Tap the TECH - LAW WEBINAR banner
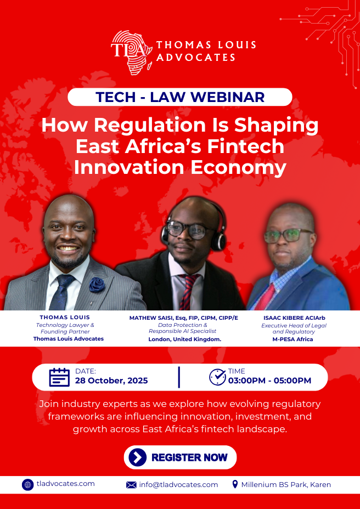pyautogui.click(x=180, y=97)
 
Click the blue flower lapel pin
pyautogui.click(x=97, y=284)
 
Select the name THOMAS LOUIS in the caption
pyautogui.click(x=65, y=318)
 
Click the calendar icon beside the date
pyautogui.click(x=59, y=377)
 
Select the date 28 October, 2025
pyautogui.click(x=111, y=381)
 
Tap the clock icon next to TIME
pyautogui.click(x=217, y=377)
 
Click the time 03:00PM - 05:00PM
pyautogui.click(x=269, y=381)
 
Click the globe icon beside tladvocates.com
pyautogui.click(x=28, y=484)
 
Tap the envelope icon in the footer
pyautogui.click(x=131, y=485)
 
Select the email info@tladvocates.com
pyautogui.click(x=178, y=485)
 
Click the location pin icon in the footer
pyautogui.click(x=235, y=484)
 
